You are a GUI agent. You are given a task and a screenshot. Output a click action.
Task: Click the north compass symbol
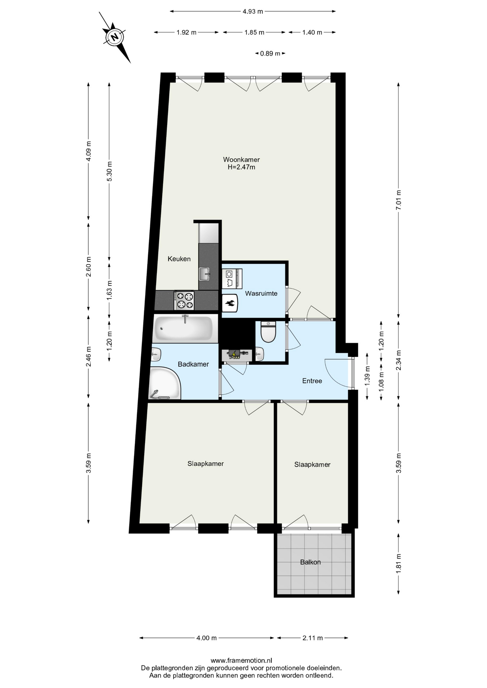[115, 37]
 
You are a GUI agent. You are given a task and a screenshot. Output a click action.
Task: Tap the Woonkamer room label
[241, 159]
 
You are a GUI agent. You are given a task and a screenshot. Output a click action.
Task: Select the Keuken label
[179, 259]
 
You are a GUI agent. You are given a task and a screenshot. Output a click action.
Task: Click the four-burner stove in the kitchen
[184, 300]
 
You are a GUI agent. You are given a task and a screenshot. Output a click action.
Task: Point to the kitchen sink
[205, 274]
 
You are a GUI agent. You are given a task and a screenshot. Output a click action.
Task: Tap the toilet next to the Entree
[268, 332]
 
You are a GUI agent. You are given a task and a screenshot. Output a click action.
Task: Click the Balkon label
[310, 562]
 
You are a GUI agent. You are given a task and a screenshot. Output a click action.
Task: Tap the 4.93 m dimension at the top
[253, 11]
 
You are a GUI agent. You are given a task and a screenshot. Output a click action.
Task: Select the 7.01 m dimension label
[398, 200]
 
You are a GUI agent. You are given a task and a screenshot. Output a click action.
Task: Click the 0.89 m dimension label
[270, 53]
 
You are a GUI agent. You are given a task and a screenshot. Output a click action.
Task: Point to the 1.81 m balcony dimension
[398, 564]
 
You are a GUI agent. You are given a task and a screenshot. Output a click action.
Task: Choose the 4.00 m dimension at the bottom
[207, 638]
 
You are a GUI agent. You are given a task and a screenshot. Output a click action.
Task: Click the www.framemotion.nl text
[241, 660]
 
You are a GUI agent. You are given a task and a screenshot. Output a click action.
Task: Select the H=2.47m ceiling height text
[241, 167]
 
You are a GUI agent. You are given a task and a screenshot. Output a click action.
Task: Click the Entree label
[312, 381]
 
